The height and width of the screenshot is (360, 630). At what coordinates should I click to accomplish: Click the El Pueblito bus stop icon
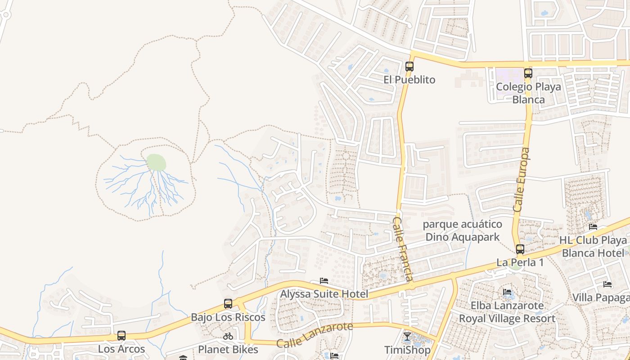[409, 67]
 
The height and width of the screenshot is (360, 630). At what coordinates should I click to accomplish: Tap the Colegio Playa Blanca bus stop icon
[528, 73]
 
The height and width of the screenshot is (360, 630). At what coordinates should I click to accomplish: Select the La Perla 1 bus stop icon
[520, 249]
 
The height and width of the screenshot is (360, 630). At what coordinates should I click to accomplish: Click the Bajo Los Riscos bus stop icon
[228, 304]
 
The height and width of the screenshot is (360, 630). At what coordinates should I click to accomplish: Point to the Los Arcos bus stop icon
[121, 335]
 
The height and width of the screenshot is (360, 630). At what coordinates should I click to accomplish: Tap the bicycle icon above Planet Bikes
[228, 336]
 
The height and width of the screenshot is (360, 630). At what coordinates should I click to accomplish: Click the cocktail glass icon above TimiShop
[407, 336]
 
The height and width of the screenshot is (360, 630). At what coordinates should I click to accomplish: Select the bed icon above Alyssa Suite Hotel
[324, 281]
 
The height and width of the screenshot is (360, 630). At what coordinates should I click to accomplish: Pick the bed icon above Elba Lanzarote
[507, 292]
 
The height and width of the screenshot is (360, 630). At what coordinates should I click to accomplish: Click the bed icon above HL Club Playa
[593, 227]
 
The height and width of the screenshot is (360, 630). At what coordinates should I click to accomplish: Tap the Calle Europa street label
[522, 180]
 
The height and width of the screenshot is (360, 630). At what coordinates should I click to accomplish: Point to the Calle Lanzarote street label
[315, 335]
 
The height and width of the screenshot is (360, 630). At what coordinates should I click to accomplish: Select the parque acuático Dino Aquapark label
[463, 230]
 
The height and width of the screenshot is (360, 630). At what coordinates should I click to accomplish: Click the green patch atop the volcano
[156, 162]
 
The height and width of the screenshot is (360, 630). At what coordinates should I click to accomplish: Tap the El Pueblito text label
[409, 80]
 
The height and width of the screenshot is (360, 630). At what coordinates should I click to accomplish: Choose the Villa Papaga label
[601, 297]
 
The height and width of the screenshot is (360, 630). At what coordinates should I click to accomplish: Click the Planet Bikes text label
[228, 350]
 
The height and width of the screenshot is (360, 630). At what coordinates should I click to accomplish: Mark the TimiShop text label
[407, 350]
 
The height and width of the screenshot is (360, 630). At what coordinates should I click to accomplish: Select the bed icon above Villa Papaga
[607, 284]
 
